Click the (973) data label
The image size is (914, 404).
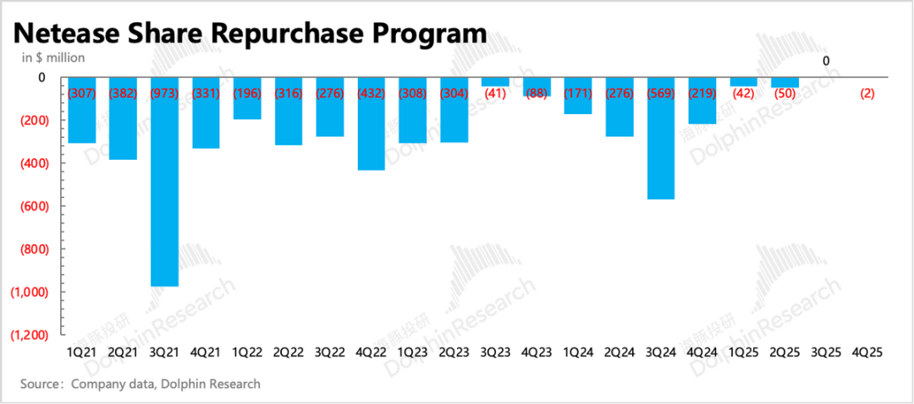[164, 93]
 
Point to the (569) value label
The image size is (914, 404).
[661, 93]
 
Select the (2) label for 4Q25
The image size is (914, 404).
[867, 93]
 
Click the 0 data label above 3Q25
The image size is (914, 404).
[826, 61]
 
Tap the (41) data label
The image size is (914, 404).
[495, 93]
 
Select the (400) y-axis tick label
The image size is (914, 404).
[31, 163]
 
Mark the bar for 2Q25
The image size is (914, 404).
[785, 82]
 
